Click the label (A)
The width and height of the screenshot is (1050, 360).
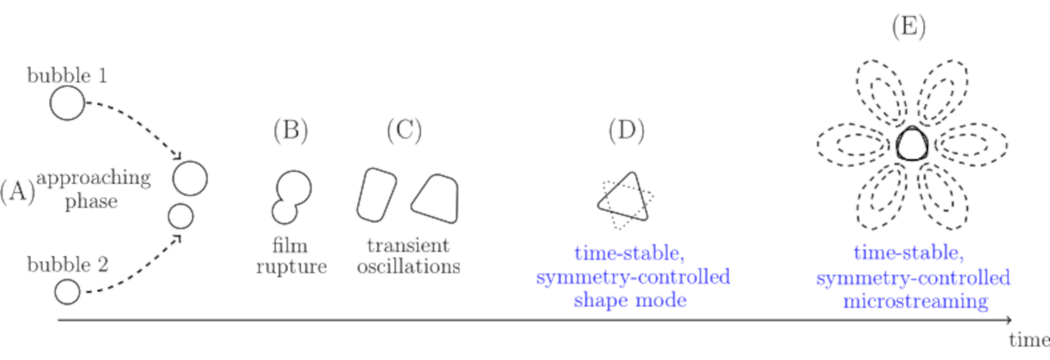(x=17, y=191)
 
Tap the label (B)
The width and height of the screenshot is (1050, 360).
(x=290, y=130)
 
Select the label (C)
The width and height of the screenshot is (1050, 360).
(x=404, y=130)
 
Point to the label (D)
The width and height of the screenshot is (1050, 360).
(x=626, y=130)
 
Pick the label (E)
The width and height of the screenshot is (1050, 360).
(x=908, y=27)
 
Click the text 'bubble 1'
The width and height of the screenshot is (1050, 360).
(x=67, y=76)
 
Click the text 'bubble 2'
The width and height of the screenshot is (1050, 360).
(x=68, y=265)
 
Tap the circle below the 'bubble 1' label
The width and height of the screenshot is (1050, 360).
(x=67, y=103)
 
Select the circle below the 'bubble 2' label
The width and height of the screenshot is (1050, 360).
(x=67, y=292)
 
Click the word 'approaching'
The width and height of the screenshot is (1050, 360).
(x=93, y=178)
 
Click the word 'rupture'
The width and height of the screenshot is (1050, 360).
(x=291, y=267)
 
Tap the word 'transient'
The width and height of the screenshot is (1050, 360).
(x=408, y=245)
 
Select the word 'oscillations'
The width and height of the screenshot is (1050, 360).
(x=408, y=267)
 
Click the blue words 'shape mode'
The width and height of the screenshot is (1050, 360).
(x=630, y=300)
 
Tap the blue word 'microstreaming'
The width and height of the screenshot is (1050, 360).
(x=915, y=301)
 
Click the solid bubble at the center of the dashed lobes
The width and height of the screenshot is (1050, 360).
(x=911, y=144)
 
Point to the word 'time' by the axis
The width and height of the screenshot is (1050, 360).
(x=1028, y=340)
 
